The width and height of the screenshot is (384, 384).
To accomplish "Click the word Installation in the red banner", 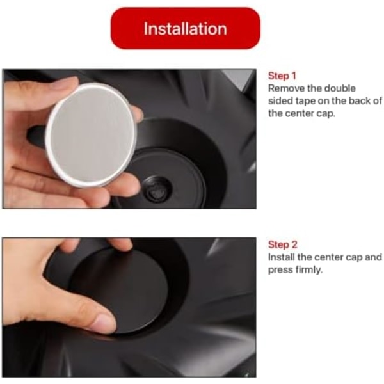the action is [185, 29].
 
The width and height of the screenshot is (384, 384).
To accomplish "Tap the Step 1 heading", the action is [282, 76].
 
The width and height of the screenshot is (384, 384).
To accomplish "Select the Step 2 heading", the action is [283, 244].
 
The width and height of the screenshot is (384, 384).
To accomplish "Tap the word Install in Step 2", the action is [281, 257].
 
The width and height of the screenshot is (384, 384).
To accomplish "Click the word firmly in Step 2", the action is [309, 270].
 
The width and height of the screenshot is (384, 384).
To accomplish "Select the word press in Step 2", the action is [280, 270].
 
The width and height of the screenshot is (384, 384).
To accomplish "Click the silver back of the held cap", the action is [91, 134].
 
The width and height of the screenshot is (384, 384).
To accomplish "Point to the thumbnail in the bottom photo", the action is [106, 323].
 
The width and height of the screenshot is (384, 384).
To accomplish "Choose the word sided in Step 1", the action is [280, 101].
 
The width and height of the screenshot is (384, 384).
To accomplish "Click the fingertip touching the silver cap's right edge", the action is [137, 114].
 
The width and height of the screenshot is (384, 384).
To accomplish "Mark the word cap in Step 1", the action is [326, 114].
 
